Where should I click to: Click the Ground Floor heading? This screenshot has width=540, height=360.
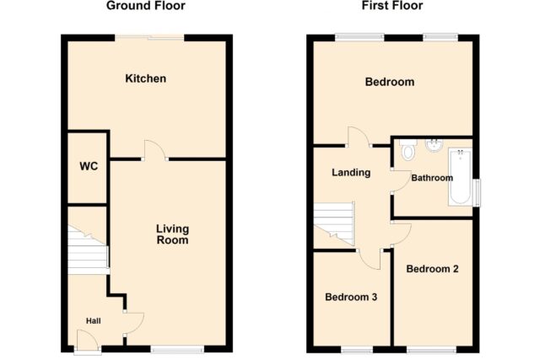pos(146,6)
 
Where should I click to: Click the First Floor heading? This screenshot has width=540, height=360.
pos(392,6)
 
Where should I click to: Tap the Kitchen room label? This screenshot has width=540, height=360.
pos(146,78)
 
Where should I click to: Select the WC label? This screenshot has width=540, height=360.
pos(89,166)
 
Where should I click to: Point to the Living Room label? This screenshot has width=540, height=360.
pos(172,234)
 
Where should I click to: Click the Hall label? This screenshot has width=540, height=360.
pos(94,321)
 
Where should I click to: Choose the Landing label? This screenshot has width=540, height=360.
pos(351,173)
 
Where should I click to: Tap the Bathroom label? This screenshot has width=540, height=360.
pos(432,178)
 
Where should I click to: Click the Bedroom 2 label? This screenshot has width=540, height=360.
pos(432,269)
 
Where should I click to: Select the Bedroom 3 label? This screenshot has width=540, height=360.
pos(351,297)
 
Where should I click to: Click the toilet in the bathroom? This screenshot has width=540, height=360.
pos(408,150)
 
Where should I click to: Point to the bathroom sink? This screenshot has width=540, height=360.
pos(434,146)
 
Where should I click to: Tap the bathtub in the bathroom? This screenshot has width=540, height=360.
pos(460,177)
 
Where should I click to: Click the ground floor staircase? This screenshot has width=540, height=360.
pos(88,250)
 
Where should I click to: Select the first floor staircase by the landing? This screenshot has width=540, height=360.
pos(334,224)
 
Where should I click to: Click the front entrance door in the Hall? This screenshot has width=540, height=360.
pos(88,341)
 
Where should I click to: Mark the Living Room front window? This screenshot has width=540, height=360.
pos(178,349)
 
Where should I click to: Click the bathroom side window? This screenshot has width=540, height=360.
pos(476,193)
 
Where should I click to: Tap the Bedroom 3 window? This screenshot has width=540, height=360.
pos(357,350)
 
